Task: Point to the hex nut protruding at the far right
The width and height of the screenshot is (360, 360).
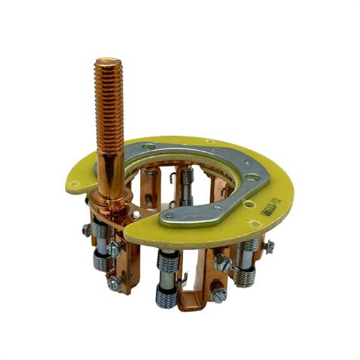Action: [268, 246]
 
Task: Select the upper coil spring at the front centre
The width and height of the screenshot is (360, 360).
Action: [168, 264]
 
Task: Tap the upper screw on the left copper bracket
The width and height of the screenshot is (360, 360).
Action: [114, 249]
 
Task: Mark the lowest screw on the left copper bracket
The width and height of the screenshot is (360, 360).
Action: [113, 282]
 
